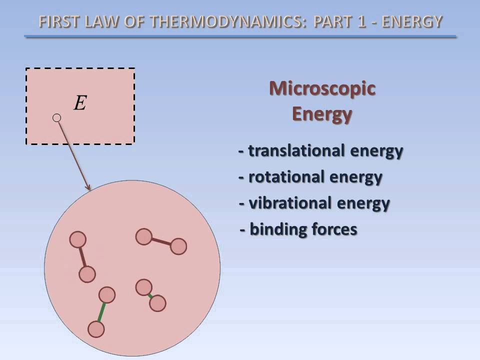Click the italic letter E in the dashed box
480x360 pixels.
80,102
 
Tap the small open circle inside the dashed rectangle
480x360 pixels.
57,118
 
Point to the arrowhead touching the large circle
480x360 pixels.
88,187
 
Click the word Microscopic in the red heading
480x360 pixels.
322,88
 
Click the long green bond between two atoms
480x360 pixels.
101,312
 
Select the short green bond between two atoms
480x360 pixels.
150,295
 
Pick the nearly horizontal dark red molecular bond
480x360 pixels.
161,241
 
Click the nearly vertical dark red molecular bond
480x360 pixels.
82,257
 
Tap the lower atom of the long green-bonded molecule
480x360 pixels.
96,329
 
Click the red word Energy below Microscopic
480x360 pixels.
322,114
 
